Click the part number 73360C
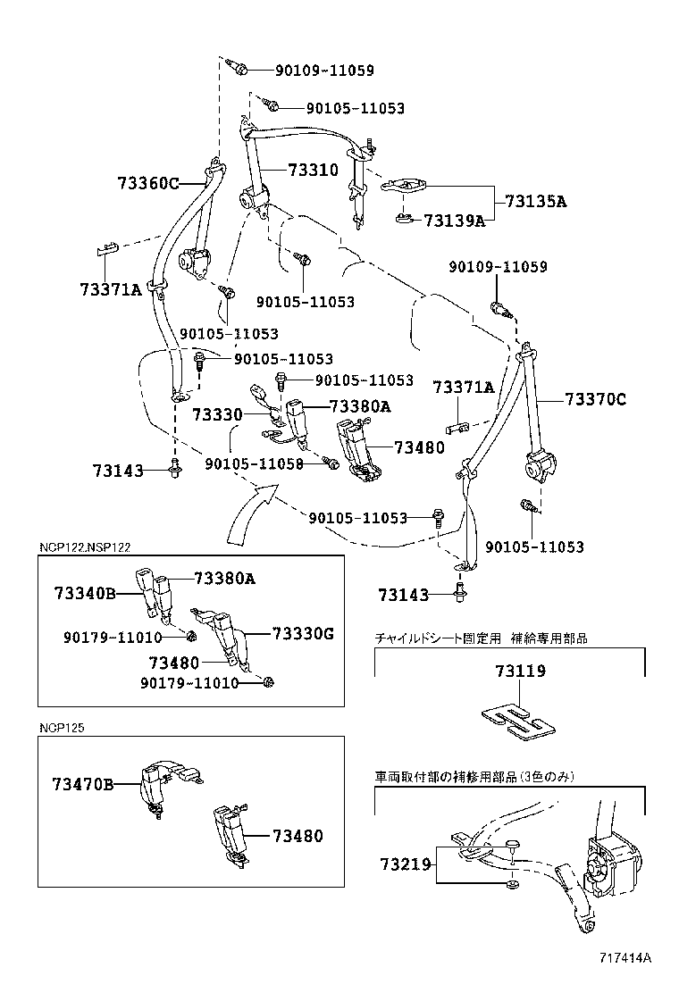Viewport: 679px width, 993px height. (x=147, y=183)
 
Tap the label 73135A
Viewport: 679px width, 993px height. (x=535, y=201)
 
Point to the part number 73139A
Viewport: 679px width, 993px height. (x=454, y=221)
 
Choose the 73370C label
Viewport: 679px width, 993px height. (x=595, y=400)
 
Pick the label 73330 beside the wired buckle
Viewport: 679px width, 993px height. (x=217, y=415)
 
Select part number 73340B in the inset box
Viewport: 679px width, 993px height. (x=84, y=593)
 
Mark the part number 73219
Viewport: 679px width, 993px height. (x=405, y=864)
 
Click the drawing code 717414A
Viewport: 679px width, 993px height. (x=625, y=958)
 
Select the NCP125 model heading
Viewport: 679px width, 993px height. (x=61, y=727)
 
